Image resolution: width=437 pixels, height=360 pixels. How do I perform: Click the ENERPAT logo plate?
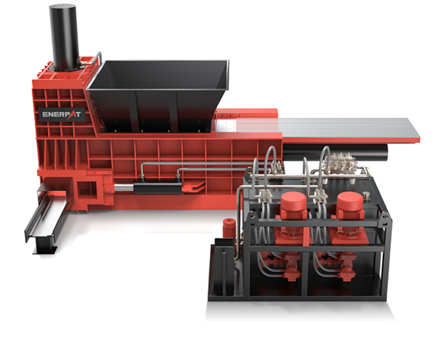61,114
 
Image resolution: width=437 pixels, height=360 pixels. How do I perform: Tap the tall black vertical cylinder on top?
64,37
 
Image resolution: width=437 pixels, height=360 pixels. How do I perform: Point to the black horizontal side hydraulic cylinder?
158,189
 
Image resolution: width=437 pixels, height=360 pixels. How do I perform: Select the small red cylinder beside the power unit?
229,227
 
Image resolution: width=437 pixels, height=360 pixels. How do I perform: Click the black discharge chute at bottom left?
44,220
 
